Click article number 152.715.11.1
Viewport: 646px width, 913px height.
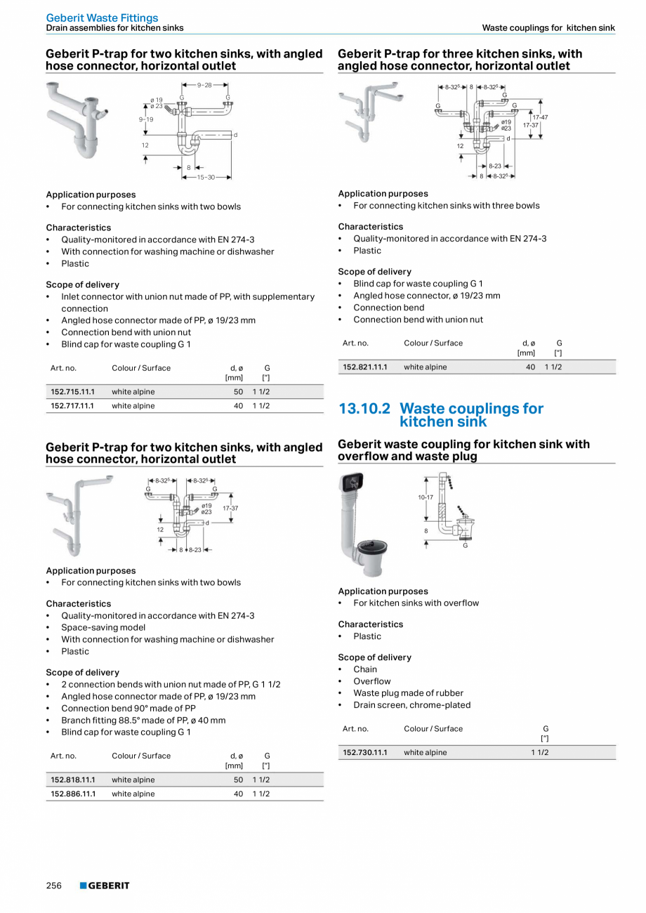pyautogui.click(x=72, y=392)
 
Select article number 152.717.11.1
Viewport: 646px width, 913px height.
pyautogui.click(x=72, y=406)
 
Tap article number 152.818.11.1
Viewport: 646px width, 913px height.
pyautogui.click(x=72, y=780)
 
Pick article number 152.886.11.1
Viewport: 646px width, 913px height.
pyautogui.click(x=72, y=794)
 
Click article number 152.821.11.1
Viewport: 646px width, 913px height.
pyautogui.click(x=364, y=367)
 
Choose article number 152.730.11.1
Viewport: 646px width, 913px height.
pyautogui.click(x=364, y=752)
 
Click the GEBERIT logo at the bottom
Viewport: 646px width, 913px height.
pyautogui.click(x=105, y=886)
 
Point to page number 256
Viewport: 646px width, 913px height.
pyautogui.click(x=54, y=886)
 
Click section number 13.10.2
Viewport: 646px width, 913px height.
pyautogui.click(x=364, y=409)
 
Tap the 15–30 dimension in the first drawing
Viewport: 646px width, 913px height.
pyautogui.click(x=206, y=178)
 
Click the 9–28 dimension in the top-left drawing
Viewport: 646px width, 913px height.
pyautogui.click(x=204, y=85)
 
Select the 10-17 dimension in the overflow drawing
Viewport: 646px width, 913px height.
pyautogui.click(x=426, y=497)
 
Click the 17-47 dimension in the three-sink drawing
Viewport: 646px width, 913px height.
pyautogui.click(x=540, y=117)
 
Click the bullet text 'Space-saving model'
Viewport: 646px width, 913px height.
pyautogui.click(x=103, y=627)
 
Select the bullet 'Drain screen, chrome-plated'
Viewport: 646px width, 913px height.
pyautogui.click(x=411, y=705)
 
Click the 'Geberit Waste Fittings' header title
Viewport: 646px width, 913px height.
pyautogui.click(x=102, y=18)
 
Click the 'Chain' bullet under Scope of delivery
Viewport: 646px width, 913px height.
pyautogui.click(x=365, y=669)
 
